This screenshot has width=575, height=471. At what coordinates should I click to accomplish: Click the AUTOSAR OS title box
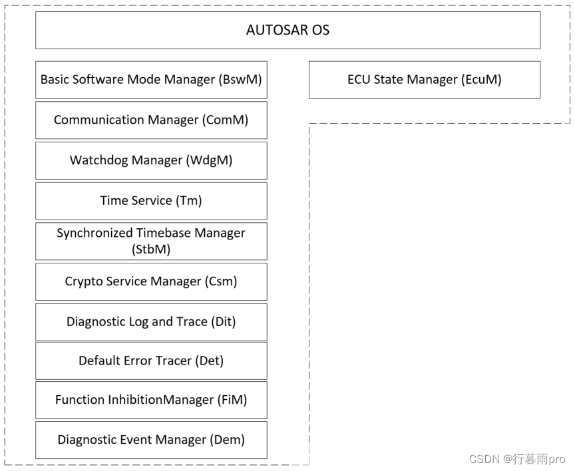click(x=287, y=30)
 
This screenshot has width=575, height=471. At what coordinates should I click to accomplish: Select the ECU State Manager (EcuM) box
click(x=424, y=80)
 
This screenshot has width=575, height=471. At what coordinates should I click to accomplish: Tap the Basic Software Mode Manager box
click(x=151, y=80)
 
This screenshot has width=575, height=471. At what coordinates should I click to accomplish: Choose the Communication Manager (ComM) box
click(x=151, y=120)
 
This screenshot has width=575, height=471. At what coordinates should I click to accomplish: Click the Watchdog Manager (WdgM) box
click(x=151, y=160)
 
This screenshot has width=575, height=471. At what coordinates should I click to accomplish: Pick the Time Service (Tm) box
click(x=151, y=201)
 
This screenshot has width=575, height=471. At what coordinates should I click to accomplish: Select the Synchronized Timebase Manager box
click(x=151, y=241)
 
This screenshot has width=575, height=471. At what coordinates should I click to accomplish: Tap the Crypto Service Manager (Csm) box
click(x=151, y=281)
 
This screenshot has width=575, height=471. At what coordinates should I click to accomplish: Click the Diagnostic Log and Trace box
click(x=151, y=322)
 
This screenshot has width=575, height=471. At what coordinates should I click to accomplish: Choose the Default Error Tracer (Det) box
click(x=151, y=361)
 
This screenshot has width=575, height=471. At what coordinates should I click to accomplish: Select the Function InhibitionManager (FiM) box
click(x=151, y=400)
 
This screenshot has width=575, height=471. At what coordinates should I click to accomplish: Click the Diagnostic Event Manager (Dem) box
click(x=151, y=440)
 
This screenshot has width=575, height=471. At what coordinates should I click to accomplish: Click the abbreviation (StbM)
click(x=151, y=249)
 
